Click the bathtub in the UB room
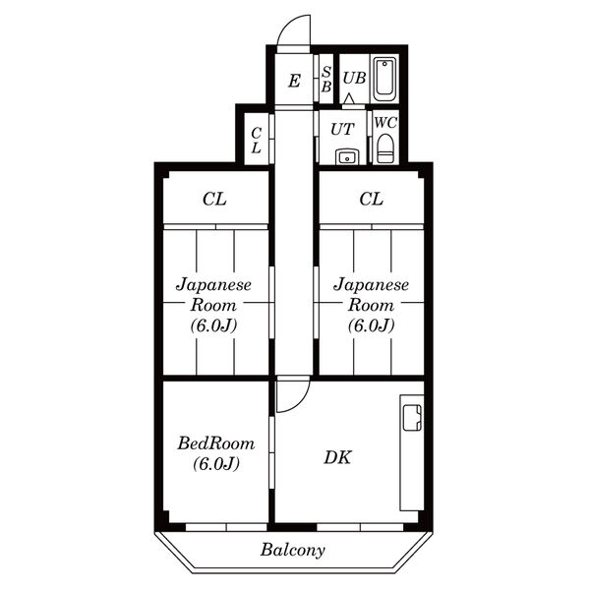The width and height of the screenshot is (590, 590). point(384,79)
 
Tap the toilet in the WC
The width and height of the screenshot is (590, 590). point(384,147)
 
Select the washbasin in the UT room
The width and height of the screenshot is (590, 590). point(347,157)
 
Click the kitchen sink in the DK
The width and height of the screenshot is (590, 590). point(412,417)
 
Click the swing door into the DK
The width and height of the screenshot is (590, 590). point(293,395)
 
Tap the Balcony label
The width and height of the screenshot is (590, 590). point(292,550)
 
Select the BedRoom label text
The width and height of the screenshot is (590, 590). point(215,443)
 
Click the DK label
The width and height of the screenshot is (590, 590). point(337,457)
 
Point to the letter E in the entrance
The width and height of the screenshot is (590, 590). point(294,81)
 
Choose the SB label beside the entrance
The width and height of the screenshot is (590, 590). point(326,79)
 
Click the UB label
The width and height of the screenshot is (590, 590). point(354,78)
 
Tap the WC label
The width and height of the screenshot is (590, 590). point(385,123)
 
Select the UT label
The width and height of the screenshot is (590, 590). point(342,130)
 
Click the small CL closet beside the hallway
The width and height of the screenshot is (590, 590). point(257,140)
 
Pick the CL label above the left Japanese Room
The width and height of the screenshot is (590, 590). point(214,199)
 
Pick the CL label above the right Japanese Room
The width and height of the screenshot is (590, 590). point(372,199)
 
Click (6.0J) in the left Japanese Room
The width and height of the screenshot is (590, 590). point(213,325)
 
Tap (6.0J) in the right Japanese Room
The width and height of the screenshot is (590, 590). point(371,325)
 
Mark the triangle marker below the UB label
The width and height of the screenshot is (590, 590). point(349,98)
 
